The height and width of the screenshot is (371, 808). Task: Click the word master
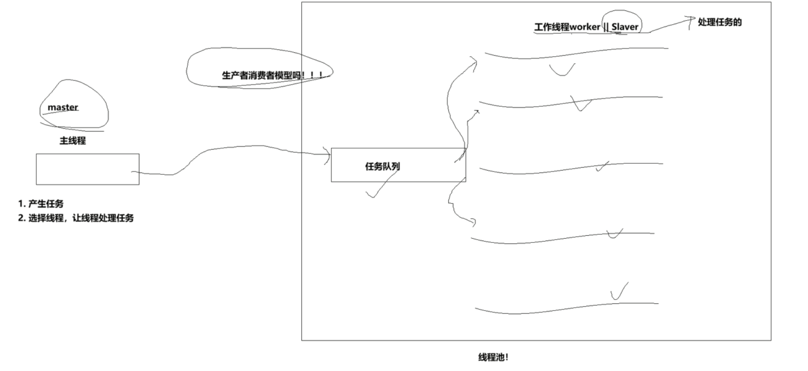[63, 108]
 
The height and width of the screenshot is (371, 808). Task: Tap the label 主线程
[73, 141]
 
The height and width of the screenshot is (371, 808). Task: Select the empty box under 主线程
[88, 169]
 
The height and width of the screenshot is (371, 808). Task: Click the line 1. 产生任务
[41, 204]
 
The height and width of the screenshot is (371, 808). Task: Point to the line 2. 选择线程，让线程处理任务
[76, 218]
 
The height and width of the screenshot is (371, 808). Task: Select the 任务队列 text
[383, 166]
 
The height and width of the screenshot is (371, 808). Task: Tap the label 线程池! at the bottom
[493, 357]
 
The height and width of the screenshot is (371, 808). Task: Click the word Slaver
[625, 27]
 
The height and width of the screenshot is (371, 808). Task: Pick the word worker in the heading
[585, 27]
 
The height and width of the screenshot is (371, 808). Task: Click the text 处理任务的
[720, 22]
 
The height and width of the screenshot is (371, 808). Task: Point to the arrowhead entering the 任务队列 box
[328, 154]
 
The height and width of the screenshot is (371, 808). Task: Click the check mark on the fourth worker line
[615, 234]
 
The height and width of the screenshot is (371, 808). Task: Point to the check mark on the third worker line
[602, 166]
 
